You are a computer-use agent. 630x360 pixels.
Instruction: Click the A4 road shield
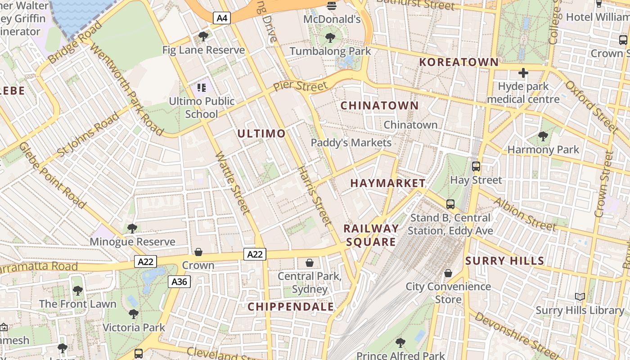(222, 18)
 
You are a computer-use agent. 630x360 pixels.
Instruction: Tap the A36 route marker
(180, 282)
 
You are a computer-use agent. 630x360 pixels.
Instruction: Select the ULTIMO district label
(261, 133)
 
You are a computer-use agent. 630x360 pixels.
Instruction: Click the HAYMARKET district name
(388, 183)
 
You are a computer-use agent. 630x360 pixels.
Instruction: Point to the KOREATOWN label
(459, 62)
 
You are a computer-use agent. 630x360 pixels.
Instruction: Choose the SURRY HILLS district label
(505, 261)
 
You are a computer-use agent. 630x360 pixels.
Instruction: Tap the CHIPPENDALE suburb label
(291, 307)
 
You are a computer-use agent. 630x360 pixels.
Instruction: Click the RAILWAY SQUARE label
(371, 235)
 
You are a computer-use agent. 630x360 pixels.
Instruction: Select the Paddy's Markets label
(351, 143)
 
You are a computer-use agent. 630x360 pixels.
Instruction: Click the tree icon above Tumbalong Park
(330, 38)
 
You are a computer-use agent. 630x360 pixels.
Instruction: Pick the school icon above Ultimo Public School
(202, 88)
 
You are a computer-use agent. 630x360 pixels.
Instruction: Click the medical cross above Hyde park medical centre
(523, 72)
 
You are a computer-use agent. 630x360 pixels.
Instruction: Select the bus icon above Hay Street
(476, 166)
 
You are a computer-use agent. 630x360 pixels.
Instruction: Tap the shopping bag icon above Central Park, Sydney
(310, 263)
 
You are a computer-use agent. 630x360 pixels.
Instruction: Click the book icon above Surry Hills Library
(580, 297)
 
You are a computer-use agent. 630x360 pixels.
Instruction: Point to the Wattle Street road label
(233, 183)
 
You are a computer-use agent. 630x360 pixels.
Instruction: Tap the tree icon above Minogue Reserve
(132, 229)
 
